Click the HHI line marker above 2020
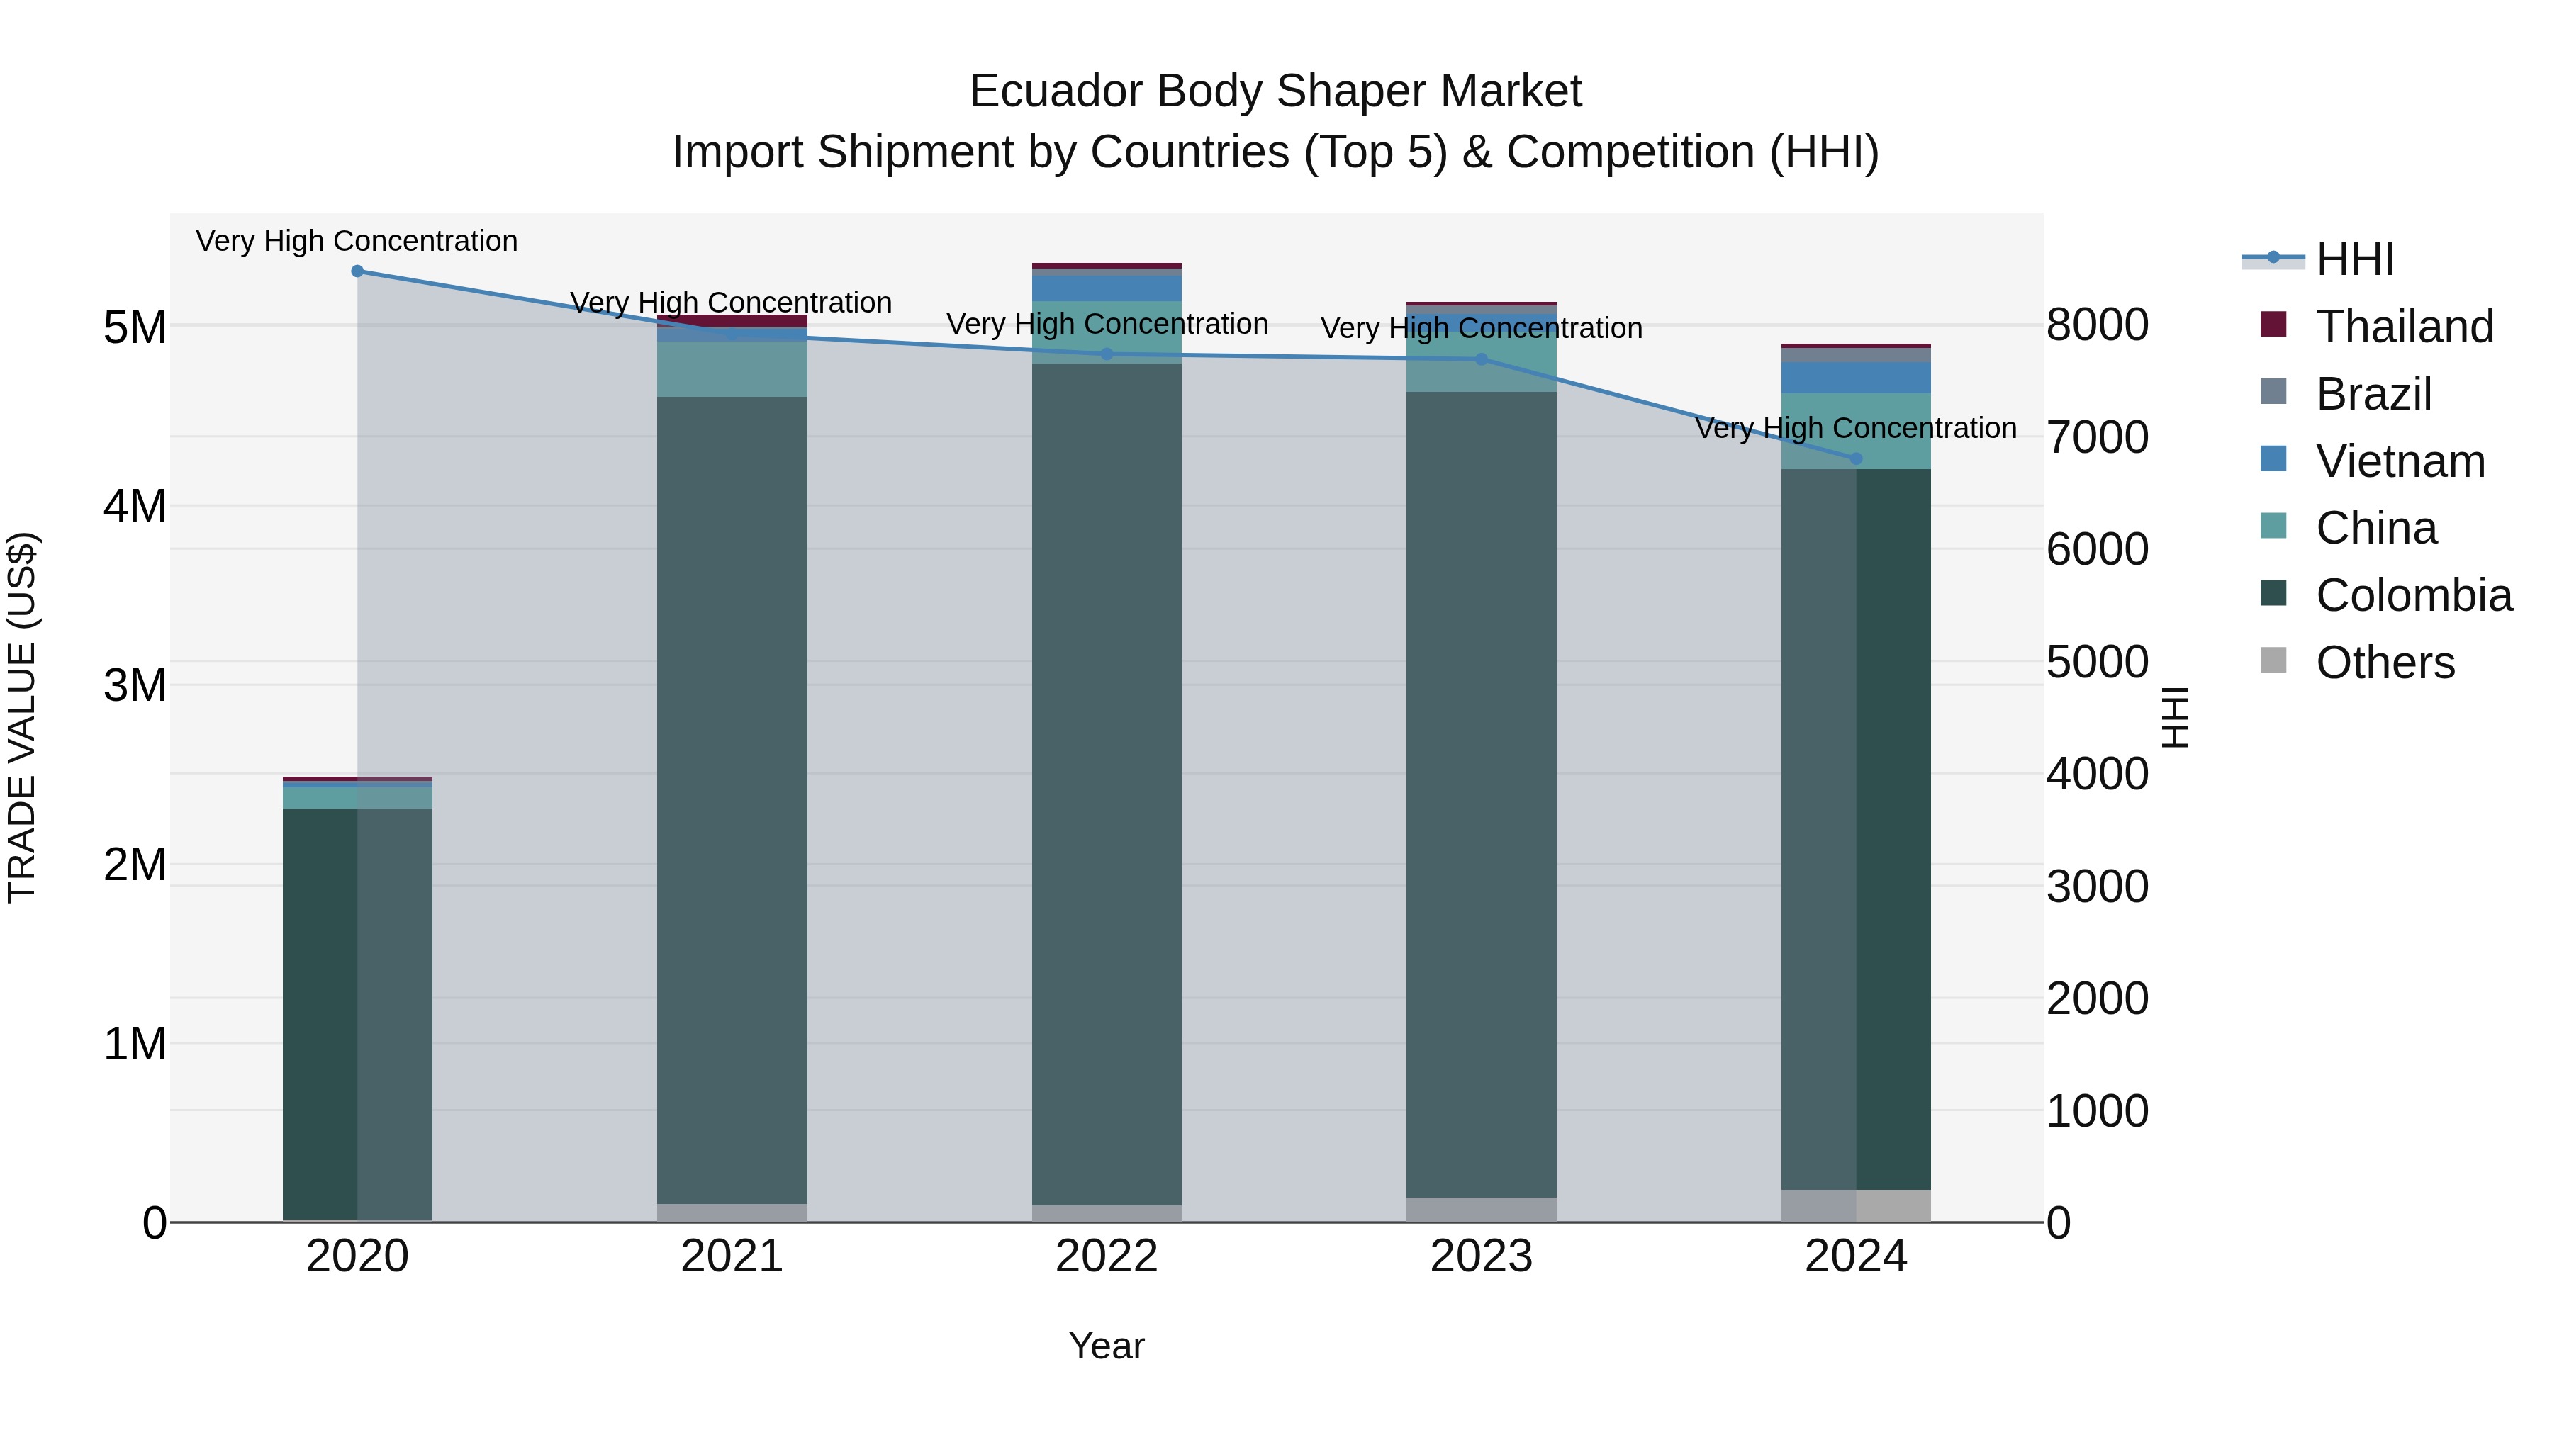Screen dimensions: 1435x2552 point(358,271)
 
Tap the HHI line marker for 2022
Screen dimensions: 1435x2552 point(1107,354)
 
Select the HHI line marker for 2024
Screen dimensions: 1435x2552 point(1857,458)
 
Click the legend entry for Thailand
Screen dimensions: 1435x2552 point(2405,327)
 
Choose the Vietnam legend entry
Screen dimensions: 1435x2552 point(2400,461)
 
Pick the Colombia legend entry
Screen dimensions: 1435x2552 point(2413,595)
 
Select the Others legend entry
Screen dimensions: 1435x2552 point(2385,663)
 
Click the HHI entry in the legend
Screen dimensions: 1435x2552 point(2355,259)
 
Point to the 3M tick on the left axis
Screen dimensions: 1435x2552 point(135,685)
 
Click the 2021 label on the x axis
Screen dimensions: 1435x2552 point(732,1256)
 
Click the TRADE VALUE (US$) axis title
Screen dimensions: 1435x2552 point(23,717)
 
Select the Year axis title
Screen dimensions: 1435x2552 point(1107,1346)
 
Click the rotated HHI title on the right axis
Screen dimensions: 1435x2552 point(2176,717)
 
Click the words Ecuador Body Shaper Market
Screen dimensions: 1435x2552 point(1275,91)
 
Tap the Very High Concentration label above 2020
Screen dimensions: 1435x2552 point(357,241)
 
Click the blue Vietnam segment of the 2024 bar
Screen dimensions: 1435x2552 point(1857,377)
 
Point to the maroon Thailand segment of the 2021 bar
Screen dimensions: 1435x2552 point(732,320)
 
